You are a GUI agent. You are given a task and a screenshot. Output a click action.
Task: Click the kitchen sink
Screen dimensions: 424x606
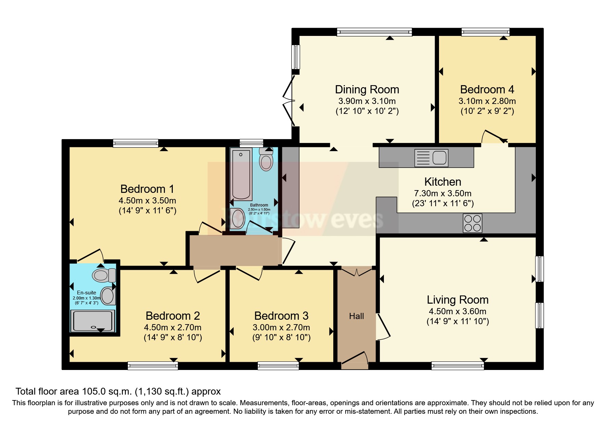tap(431, 158)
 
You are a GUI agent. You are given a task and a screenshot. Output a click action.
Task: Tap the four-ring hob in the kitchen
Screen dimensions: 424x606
tap(472, 223)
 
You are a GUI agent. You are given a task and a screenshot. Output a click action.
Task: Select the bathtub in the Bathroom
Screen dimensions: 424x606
tap(241, 174)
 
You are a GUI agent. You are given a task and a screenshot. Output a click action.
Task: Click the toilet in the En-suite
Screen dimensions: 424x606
tap(104, 275)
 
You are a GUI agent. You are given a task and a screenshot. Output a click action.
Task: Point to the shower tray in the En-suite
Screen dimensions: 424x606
tap(92, 321)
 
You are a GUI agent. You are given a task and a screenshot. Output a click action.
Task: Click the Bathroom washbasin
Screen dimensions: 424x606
tap(238, 218)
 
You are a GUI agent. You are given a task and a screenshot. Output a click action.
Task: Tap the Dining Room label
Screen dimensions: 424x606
tap(367, 90)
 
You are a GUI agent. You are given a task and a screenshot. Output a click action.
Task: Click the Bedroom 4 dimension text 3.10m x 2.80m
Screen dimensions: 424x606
tap(487, 101)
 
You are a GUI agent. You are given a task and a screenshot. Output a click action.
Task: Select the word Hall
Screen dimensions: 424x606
tap(356, 316)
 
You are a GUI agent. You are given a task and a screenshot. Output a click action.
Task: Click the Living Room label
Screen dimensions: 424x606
tap(457, 300)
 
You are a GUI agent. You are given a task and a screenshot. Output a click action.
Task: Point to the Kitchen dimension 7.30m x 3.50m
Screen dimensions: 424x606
tap(442, 194)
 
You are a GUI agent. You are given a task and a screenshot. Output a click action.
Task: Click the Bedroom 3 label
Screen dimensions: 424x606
tap(281, 316)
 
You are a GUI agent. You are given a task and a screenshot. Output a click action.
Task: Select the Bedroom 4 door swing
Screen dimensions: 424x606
tap(494, 136)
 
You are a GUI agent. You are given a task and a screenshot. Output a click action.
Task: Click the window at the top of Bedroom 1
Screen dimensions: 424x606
tap(136, 143)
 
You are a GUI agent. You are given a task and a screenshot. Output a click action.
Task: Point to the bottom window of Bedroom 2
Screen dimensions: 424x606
tap(153, 366)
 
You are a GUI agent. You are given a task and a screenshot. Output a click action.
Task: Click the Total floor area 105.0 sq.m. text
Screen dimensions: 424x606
tap(118, 391)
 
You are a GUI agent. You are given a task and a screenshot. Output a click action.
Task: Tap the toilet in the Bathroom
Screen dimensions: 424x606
tap(266, 160)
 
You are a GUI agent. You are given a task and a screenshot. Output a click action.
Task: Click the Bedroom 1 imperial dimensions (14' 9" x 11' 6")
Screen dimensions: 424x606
tap(147, 210)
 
